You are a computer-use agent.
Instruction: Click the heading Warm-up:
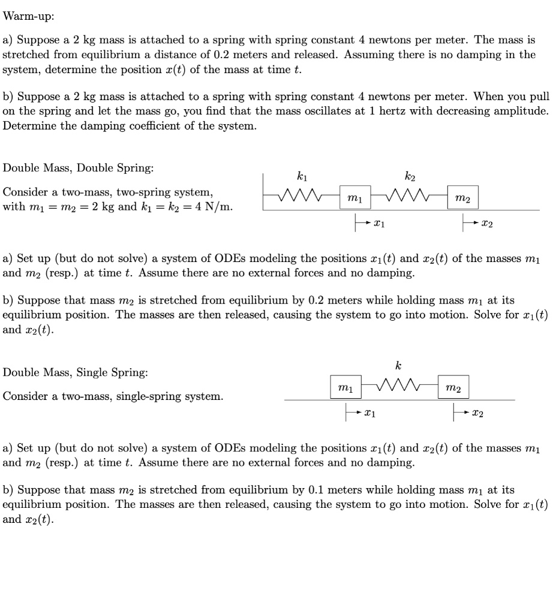pos(28,16)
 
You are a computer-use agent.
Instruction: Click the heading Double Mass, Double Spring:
pos(79,168)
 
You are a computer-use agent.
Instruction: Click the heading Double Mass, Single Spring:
pos(75,372)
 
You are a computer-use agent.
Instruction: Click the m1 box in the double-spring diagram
pos(355,197)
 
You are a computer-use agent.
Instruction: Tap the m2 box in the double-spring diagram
pos(462,197)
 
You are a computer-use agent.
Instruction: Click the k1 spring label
pos(301,176)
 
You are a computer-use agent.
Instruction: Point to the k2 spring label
pos(409,176)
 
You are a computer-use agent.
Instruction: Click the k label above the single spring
pos(398,365)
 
